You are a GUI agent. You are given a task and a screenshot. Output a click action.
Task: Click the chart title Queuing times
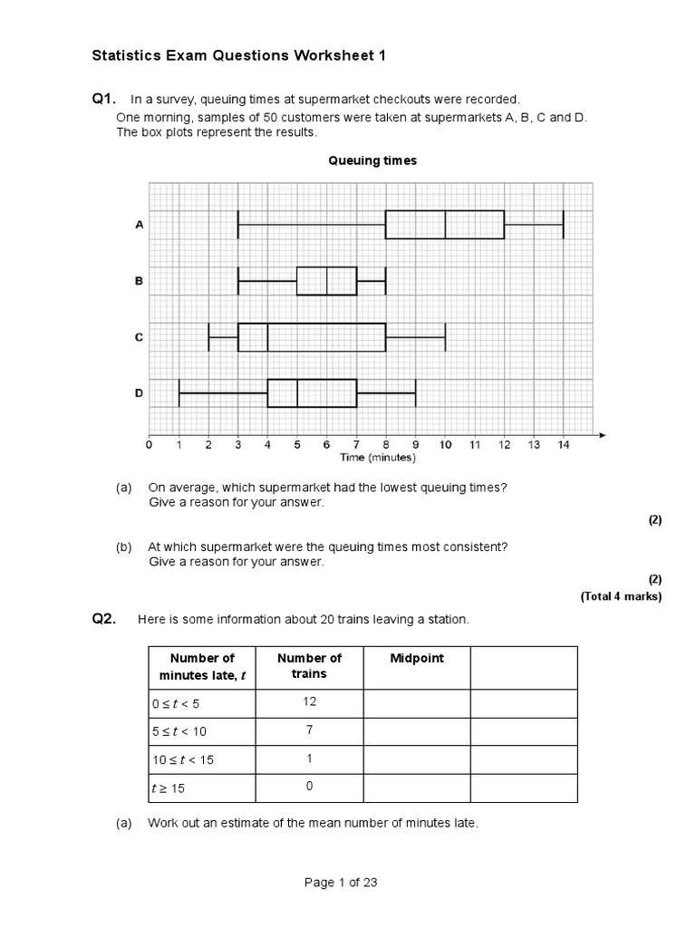click(x=372, y=160)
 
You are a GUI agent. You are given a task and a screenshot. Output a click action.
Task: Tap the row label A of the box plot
click(x=139, y=225)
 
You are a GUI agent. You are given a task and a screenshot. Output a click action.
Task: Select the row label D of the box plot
click(x=139, y=393)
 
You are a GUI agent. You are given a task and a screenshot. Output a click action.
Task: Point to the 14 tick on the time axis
click(x=563, y=445)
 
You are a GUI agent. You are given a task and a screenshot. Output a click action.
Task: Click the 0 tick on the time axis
click(x=150, y=445)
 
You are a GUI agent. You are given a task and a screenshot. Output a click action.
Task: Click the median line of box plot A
click(x=445, y=225)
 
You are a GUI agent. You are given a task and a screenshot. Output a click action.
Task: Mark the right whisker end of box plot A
click(x=563, y=225)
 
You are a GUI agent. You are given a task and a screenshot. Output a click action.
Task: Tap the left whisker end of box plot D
click(x=179, y=393)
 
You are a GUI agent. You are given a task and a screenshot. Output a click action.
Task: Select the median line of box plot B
click(x=326, y=281)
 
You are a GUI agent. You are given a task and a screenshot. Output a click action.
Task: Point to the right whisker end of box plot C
click(x=445, y=337)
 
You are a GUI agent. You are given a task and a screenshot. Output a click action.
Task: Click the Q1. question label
click(x=104, y=98)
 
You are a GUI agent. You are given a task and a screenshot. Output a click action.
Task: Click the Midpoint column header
click(x=417, y=659)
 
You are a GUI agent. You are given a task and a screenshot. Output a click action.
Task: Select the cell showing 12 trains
click(x=309, y=702)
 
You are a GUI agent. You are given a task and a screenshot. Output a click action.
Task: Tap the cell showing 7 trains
click(x=309, y=730)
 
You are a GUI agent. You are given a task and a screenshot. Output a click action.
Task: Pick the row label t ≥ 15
click(x=168, y=788)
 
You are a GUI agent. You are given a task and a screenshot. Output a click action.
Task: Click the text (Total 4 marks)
click(x=621, y=596)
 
